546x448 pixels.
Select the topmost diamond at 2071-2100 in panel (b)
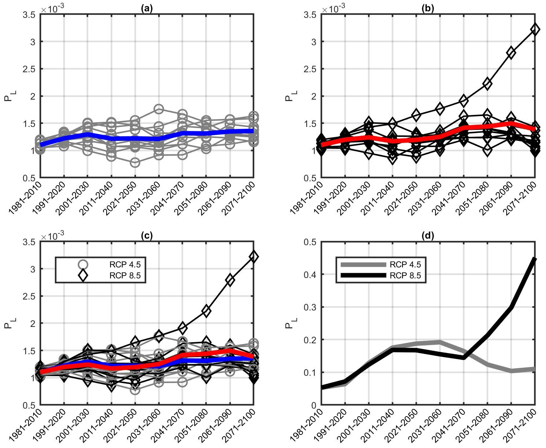click(x=535, y=30)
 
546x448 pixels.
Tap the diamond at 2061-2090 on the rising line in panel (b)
click(x=511, y=53)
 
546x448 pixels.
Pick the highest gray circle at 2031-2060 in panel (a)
click(x=158, y=109)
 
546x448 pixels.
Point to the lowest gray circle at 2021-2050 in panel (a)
click(x=135, y=162)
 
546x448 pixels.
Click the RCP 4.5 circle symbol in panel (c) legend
click(x=83, y=264)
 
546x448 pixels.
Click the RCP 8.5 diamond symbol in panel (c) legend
click(x=83, y=276)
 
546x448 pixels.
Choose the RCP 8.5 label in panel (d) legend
click(x=405, y=276)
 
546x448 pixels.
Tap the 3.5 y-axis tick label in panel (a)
click(x=29, y=15)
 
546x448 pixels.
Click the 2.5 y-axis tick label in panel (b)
click(x=310, y=69)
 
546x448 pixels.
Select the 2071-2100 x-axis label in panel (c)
click(x=240, y=425)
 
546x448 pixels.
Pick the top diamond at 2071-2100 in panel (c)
click(x=254, y=257)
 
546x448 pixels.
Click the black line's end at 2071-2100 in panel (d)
click(x=534, y=259)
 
